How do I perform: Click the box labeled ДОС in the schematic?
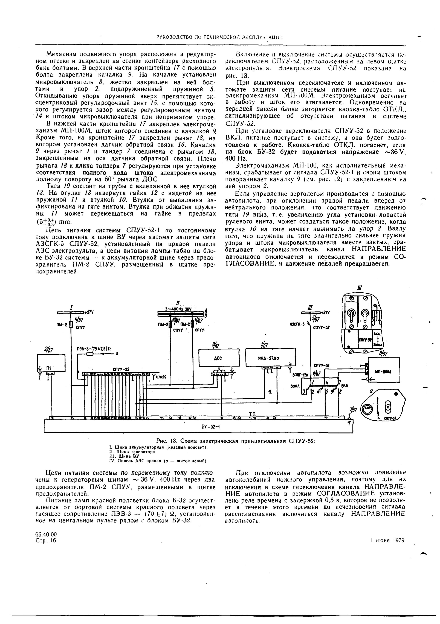point(219,358)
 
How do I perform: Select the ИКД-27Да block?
point(270,358)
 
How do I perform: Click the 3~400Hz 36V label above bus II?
point(178,309)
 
